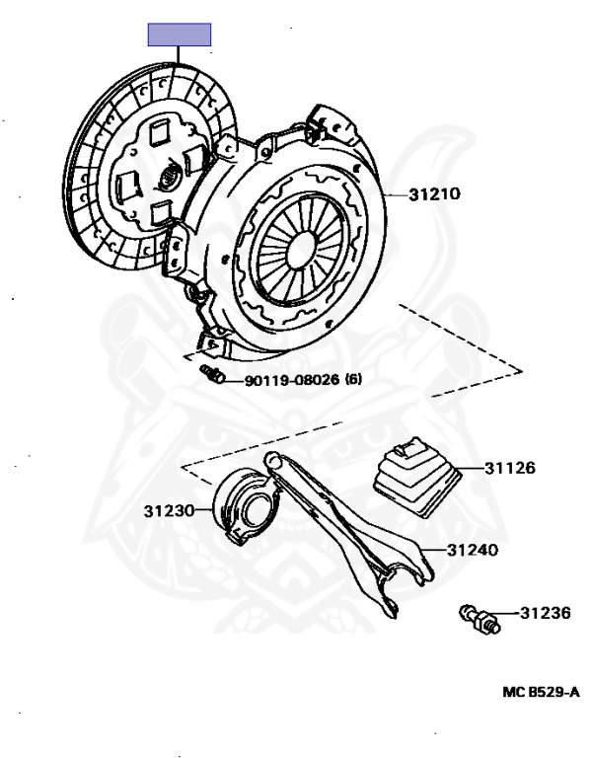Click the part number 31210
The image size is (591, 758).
[x=434, y=194]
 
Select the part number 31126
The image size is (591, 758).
[x=510, y=468]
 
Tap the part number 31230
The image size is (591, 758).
[x=169, y=510]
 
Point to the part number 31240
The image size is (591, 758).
[x=473, y=550]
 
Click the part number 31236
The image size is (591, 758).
[x=546, y=613]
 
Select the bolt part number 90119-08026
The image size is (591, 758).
[x=292, y=380]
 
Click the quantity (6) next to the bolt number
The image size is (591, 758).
[x=353, y=379]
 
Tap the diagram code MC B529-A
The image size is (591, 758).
[x=541, y=692]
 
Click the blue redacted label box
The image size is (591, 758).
[x=180, y=35]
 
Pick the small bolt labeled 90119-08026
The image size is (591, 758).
[x=213, y=374]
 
